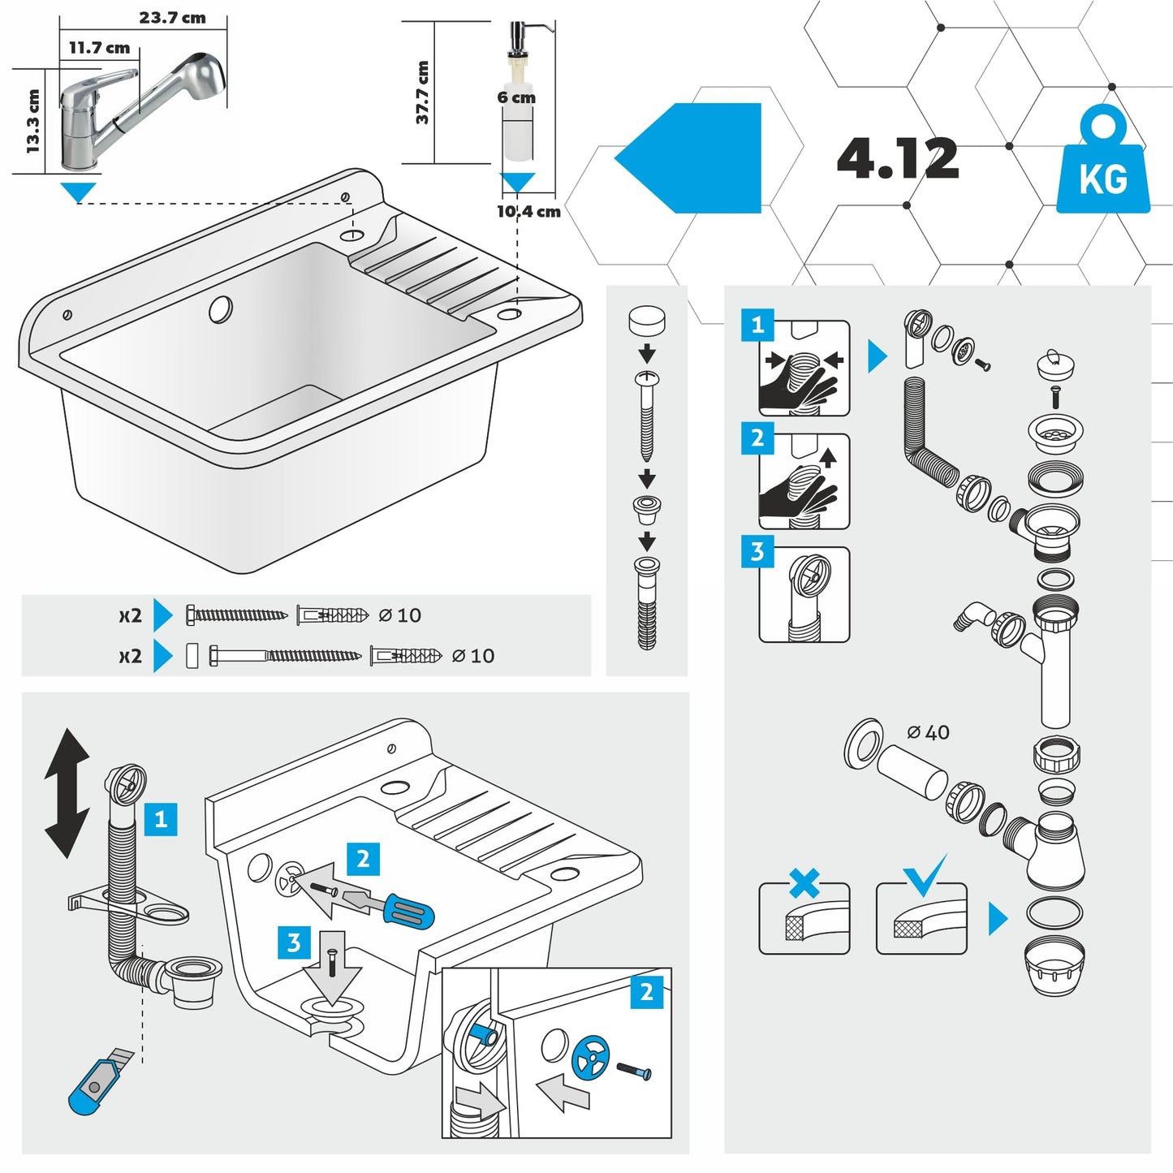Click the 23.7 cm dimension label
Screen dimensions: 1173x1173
pos(172,18)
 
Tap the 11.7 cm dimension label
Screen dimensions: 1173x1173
pos(99,48)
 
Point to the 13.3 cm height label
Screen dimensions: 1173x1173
pos(32,121)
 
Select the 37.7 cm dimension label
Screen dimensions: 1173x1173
pos(422,93)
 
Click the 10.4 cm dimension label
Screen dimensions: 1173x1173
pos(528,212)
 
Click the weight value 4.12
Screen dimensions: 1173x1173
pos(897,158)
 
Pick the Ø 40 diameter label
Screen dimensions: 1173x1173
pos(928,732)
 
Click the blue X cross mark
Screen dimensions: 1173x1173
pos(804,883)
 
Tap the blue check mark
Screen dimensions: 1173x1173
pos(924,875)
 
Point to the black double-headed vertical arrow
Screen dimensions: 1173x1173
pos(67,793)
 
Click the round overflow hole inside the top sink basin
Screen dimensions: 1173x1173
pos(221,308)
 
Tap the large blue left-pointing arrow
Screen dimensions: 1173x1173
pos(688,158)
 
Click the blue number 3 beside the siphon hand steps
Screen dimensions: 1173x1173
pos(757,552)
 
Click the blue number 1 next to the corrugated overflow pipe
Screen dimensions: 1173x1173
pos(161,818)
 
